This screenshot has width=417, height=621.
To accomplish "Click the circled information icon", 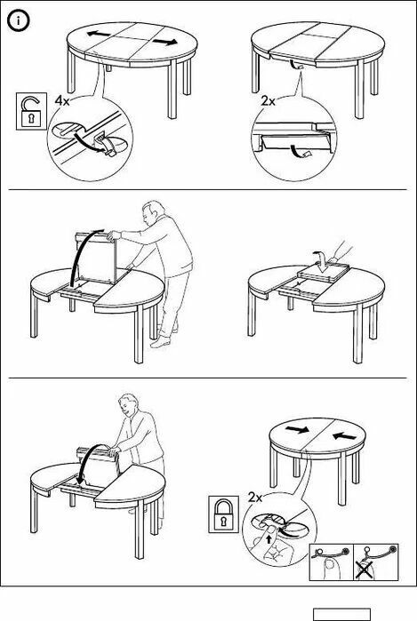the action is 19,21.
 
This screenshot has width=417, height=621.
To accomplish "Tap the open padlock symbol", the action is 31,111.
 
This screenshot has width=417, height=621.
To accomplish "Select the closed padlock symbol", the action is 223,514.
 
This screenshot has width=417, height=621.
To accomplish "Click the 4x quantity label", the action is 62,100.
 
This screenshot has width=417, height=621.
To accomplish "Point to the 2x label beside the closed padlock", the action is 255,497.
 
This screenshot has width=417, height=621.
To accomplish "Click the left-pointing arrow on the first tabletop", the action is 99,35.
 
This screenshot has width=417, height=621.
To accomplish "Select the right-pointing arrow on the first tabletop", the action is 165,42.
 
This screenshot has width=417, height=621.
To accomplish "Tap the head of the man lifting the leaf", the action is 152,212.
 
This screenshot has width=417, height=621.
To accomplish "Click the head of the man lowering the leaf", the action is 128,404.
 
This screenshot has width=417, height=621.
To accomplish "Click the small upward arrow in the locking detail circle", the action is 270,539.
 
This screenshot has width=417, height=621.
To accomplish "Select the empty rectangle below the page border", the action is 341,614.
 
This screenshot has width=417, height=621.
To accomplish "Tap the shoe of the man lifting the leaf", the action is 160,342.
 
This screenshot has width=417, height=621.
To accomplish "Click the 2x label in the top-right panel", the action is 268,101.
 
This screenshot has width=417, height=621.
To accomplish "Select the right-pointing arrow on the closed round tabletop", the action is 297,429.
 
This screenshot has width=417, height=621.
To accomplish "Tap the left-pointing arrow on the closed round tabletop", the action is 344,436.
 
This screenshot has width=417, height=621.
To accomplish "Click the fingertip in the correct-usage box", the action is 327,569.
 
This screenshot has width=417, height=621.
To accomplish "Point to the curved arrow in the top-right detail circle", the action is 296,150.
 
